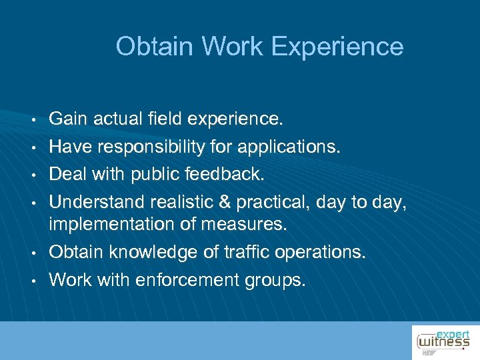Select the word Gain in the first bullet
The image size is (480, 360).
[x=69, y=120]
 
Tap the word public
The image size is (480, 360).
[x=157, y=174]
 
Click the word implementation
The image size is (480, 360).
[x=115, y=225]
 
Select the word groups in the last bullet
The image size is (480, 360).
[x=276, y=281]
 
